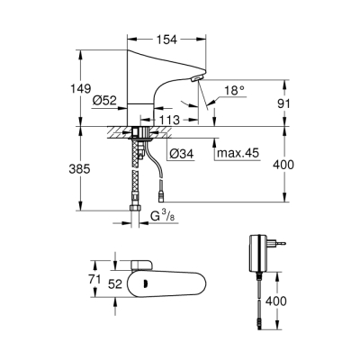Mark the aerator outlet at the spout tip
click(x=198, y=81)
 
